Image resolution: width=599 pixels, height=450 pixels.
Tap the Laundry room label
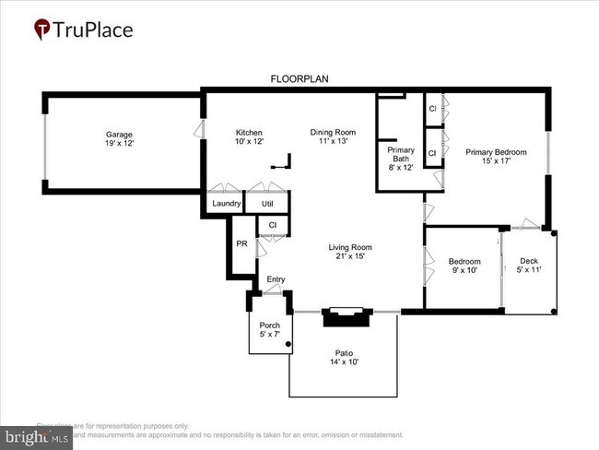[226, 204]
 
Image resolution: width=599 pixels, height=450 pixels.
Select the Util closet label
[267, 204]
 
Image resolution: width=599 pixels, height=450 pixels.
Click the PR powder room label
[241, 244]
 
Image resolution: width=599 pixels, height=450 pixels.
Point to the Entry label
[276, 279]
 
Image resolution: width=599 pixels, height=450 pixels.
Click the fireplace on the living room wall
[345, 316]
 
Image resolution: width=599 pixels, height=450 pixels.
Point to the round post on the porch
[288, 345]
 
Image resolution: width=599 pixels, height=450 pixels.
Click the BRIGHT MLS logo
[37, 435]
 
